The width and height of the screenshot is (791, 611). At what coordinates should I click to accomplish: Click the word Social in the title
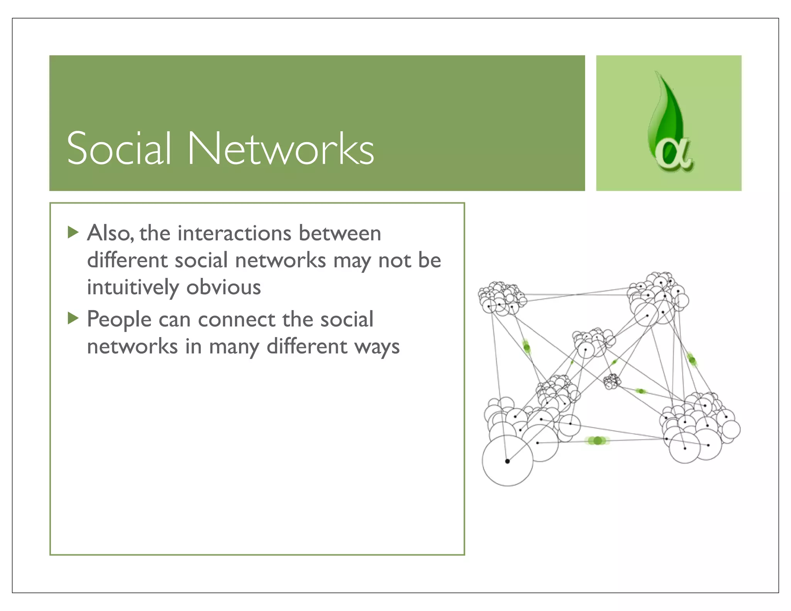click(119, 149)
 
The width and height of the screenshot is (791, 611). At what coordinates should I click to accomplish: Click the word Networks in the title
click(281, 149)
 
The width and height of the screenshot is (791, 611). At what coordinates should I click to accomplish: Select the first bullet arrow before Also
click(73, 233)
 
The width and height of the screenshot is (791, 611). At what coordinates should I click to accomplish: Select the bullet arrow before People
click(73, 319)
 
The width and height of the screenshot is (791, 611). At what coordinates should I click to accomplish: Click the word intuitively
click(133, 288)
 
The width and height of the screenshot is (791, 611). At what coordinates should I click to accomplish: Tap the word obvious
click(224, 287)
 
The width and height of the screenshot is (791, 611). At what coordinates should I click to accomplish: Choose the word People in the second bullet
click(119, 320)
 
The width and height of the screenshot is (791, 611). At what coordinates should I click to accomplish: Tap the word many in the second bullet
click(234, 347)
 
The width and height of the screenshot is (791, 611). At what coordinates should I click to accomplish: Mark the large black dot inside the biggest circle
click(508, 461)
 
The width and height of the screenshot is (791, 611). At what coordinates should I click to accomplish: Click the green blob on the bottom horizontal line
click(597, 441)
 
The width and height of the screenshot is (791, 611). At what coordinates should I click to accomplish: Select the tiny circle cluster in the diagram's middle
click(612, 381)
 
